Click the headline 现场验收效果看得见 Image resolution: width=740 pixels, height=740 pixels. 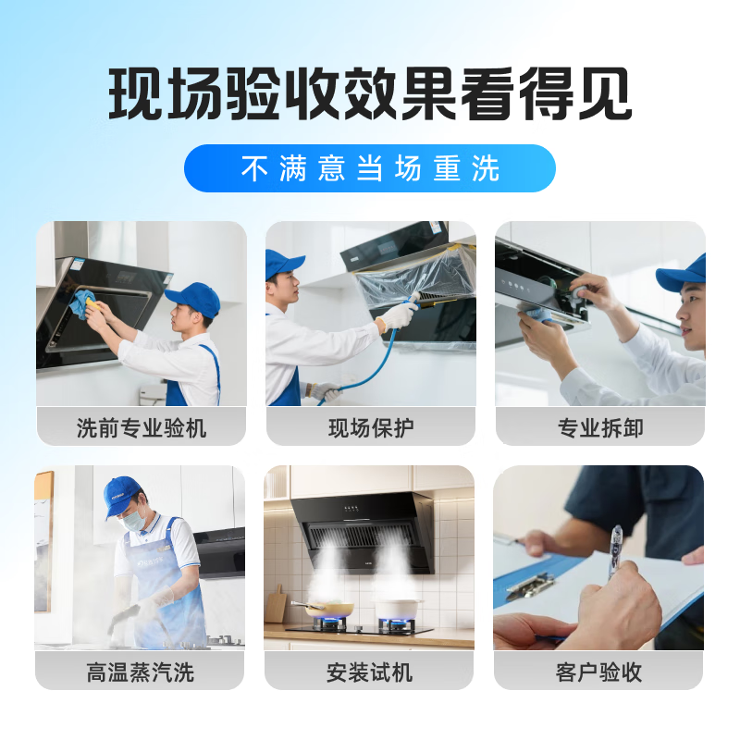click(370, 94)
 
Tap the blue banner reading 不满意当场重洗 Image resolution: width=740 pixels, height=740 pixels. click(370, 168)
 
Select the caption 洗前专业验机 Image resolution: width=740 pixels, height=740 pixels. click(142, 427)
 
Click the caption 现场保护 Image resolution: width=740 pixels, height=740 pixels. click(371, 427)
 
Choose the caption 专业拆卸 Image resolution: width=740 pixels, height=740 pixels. click(600, 427)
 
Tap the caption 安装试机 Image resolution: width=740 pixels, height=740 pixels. click(369, 672)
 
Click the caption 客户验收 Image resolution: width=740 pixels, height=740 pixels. click(598, 672)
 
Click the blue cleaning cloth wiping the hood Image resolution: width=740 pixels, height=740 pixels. click(84, 302)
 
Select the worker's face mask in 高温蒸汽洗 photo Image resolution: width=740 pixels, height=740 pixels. click(132, 521)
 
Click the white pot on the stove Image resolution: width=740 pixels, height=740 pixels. click(396, 610)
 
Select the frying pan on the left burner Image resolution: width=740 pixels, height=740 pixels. click(332, 608)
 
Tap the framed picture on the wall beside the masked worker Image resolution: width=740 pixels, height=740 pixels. click(43, 541)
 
